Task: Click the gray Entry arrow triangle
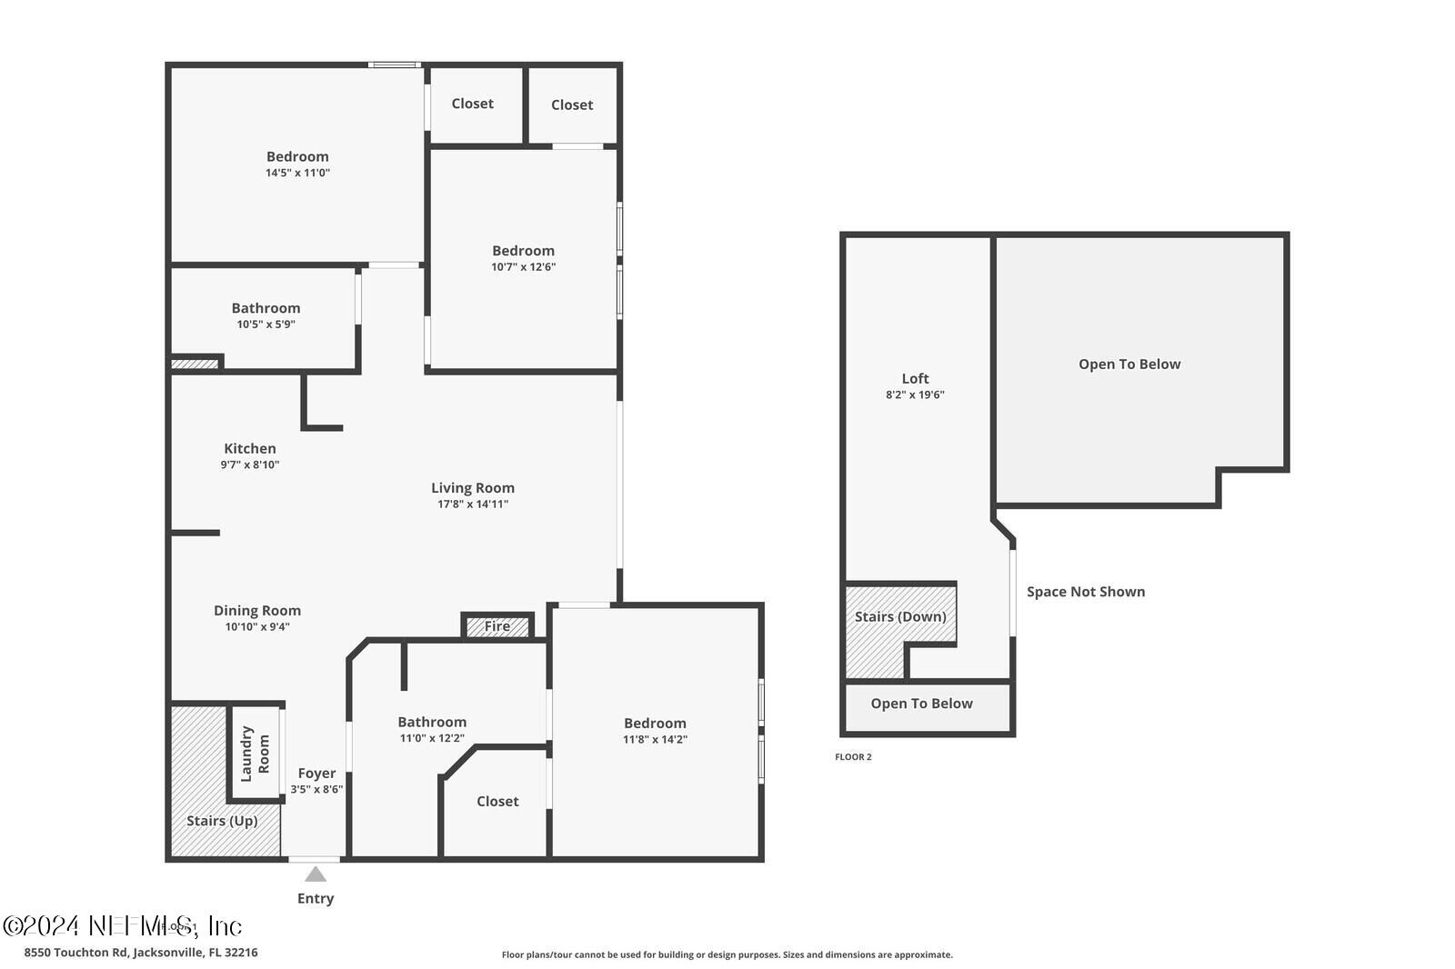[316, 874]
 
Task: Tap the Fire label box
[497, 626]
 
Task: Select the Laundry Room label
[255, 754]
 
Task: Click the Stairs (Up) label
[222, 821]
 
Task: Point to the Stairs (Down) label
[900, 616]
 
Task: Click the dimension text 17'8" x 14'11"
[473, 504]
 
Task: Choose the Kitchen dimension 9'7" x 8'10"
[250, 465]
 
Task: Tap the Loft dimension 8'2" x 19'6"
[915, 395]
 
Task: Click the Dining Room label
[257, 611]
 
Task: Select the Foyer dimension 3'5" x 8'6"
[316, 790]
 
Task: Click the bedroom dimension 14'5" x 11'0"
[297, 173]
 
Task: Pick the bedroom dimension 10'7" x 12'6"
[523, 267]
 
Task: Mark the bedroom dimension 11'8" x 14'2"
[655, 740]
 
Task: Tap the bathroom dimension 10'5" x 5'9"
[266, 325]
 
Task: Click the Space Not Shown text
[1086, 592]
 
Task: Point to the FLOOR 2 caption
[853, 757]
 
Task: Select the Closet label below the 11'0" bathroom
[497, 802]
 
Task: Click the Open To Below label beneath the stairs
[921, 704]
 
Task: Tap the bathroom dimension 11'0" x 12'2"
[432, 738]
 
